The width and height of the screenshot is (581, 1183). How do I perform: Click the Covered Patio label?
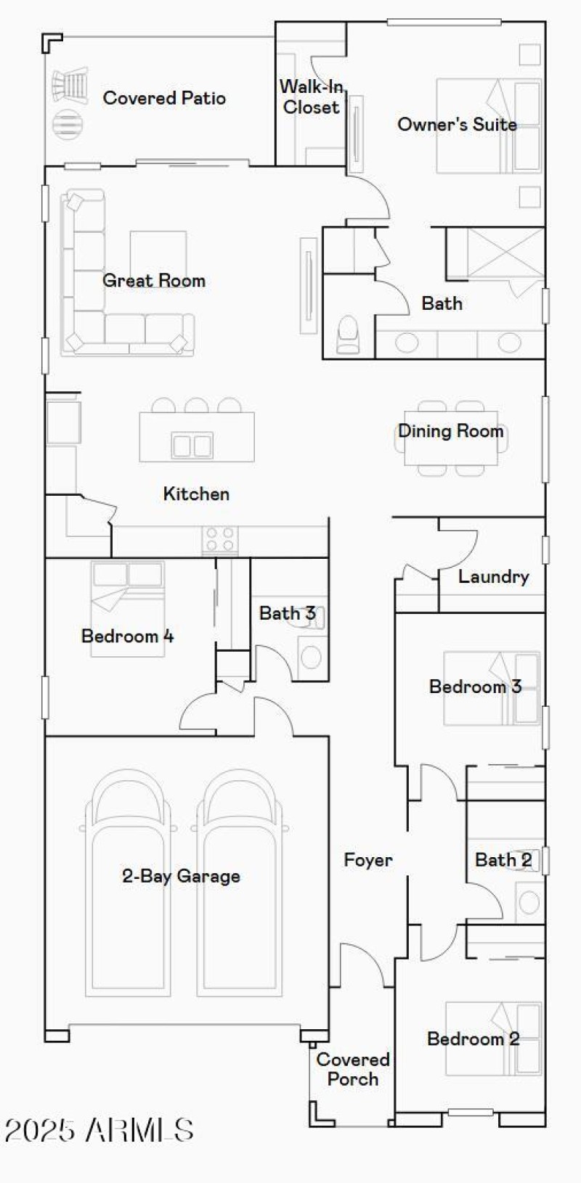tap(164, 98)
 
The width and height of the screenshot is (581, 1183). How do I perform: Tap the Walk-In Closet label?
tap(311, 97)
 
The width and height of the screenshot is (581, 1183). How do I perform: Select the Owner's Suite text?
tap(457, 124)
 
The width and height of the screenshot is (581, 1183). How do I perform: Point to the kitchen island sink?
tap(192, 445)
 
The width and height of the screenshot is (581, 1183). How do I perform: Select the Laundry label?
tap(493, 577)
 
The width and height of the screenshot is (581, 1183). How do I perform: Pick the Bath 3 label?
tap(287, 613)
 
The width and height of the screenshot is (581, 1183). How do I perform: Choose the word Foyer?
tap(367, 860)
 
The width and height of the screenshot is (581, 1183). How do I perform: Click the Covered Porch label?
tap(353, 1069)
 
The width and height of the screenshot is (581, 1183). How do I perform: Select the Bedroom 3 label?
tap(475, 687)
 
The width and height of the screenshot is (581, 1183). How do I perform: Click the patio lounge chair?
tap(70, 84)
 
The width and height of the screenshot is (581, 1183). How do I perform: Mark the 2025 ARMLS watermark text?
tap(99, 1130)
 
